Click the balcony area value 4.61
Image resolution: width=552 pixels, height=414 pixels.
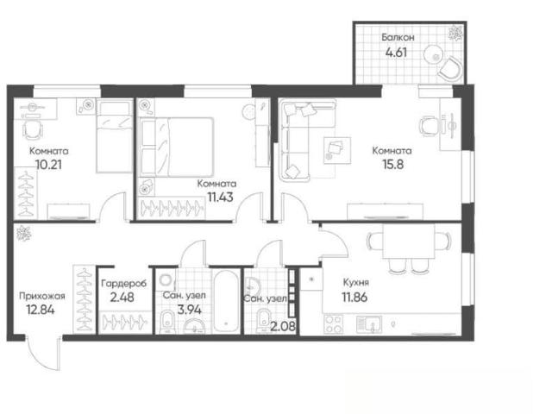397,52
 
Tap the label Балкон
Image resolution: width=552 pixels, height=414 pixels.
398,37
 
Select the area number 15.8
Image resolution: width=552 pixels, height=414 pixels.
393,165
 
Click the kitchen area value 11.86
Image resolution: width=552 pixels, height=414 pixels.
354,297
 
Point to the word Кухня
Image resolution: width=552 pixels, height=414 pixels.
356,282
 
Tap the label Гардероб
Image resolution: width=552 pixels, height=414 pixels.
123,284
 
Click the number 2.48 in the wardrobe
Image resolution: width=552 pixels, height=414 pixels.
122,298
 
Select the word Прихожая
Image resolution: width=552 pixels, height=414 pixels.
42,296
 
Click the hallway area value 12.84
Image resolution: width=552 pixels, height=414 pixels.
41,310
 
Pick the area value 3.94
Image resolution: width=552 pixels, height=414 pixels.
190,310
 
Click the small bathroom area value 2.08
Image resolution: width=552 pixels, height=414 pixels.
283,327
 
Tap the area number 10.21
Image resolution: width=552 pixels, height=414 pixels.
48,165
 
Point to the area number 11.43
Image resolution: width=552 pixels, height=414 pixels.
221,198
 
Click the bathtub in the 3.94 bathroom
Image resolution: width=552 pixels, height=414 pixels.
226,301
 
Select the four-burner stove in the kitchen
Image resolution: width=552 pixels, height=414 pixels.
333,324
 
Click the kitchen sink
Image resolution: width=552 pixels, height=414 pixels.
369,324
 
